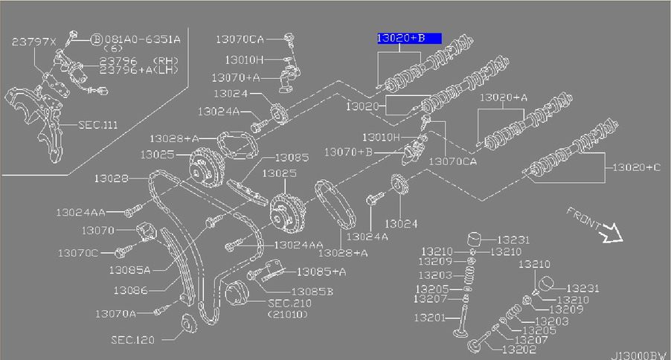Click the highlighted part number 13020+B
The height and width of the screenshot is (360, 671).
click(408, 38)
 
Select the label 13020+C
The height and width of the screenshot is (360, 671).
click(637, 168)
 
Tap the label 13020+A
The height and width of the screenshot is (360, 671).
click(504, 97)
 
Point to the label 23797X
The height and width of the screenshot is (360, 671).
click(33, 43)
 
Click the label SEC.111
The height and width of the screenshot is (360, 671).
click(99, 126)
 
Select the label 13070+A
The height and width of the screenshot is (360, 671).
click(236, 77)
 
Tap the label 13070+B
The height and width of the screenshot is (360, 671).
click(348, 152)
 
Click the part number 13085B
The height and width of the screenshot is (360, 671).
click(312, 292)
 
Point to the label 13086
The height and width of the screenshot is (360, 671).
click(131, 289)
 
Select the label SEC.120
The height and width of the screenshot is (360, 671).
click(132, 339)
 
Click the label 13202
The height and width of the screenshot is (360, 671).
click(518, 349)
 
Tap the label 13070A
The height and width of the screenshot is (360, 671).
click(115, 313)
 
